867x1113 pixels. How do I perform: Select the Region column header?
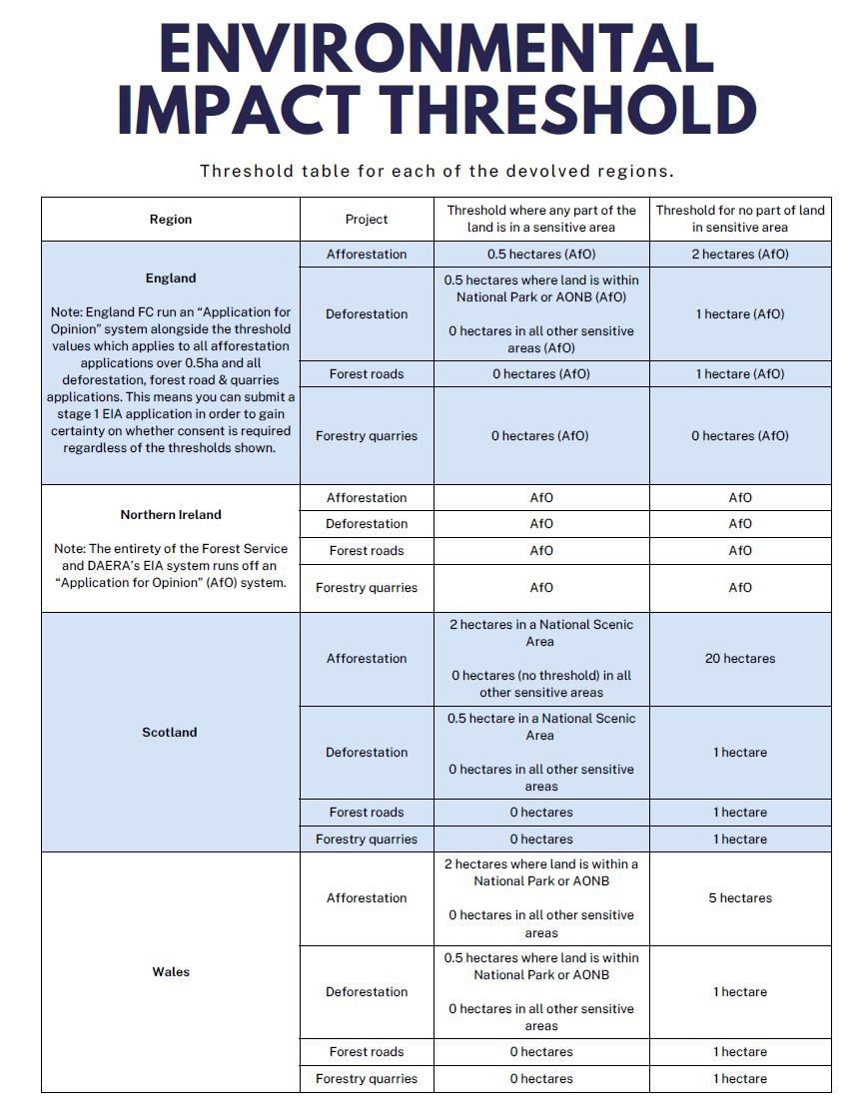pyautogui.click(x=171, y=220)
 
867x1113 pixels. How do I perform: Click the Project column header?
pyautogui.click(x=367, y=220)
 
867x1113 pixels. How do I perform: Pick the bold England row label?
pyautogui.click(x=171, y=278)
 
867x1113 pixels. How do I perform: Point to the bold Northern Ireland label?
pyautogui.click(x=171, y=515)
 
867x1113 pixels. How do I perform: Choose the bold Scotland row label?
pyautogui.click(x=170, y=733)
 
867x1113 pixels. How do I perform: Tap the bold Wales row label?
pyautogui.click(x=171, y=972)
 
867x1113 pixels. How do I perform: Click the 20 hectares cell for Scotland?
pyautogui.click(x=740, y=659)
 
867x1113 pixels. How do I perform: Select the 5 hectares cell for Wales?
pyautogui.click(x=740, y=898)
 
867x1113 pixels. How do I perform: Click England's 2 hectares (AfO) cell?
pyautogui.click(x=740, y=255)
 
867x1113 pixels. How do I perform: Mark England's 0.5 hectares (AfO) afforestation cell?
pyautogui.click(x=540, y=255)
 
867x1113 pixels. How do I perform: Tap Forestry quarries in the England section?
pyautogui.click(x=367, y=436)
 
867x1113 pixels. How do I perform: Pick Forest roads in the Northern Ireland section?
pyautogui.click(x=367, y=551)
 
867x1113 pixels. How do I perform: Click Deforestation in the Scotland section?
pyautogui.click(x=367, y=753)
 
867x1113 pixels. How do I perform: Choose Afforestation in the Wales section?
pyautogui.click(x=367, y=898)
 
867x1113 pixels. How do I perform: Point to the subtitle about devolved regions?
pyautogui.click(x=436, y=171)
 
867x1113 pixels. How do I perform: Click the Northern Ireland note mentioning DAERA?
pyautogui.click(x=171, y=566)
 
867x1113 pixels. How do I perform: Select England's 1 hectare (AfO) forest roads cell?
pyautogui.click(x=740, y=374)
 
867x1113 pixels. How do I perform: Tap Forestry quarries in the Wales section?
pyautogui.click(x=367, y=1079)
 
